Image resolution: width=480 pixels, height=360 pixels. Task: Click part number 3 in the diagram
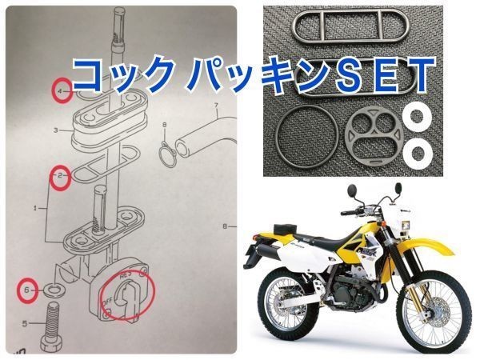click(54, 129)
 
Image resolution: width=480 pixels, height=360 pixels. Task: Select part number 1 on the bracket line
click(34, 208)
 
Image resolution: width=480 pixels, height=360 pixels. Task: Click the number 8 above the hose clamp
click(164, 126)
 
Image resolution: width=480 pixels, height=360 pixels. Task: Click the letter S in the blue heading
click(335, 74)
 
